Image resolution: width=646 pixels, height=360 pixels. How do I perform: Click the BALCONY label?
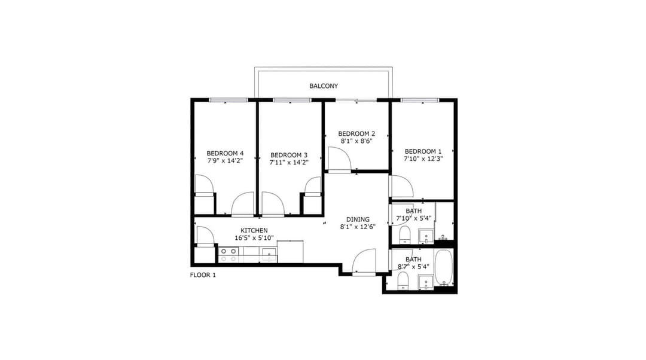[324, 86]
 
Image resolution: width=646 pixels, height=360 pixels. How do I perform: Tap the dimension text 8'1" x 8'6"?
[356, 141]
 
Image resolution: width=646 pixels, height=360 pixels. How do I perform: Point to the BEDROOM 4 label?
[225, 154]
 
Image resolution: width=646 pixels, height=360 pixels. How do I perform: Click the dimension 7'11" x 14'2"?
[289, 162]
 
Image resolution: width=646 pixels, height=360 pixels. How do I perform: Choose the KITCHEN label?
[254, 231]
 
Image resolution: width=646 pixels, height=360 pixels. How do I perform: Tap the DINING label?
[358, 219]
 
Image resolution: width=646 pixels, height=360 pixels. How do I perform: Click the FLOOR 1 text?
[203, 275]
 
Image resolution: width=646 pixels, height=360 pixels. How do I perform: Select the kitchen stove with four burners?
[228, 255]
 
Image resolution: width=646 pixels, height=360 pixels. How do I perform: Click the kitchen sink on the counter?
[269, 255]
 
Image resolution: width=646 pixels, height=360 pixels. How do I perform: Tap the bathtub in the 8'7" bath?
[444, 268]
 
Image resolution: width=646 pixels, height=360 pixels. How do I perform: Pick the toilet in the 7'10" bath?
[404, 235]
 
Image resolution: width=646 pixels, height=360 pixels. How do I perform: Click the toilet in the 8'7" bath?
[403, 282]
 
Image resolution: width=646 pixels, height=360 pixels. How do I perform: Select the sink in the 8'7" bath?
[426, 283]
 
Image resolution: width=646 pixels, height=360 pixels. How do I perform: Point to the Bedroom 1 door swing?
[402, 186]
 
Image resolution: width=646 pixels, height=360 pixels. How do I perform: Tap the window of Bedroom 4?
[228, 100]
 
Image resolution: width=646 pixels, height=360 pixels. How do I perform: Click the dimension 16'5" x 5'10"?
[254, 238]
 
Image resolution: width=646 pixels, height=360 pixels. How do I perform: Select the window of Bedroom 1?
[420, 100]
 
